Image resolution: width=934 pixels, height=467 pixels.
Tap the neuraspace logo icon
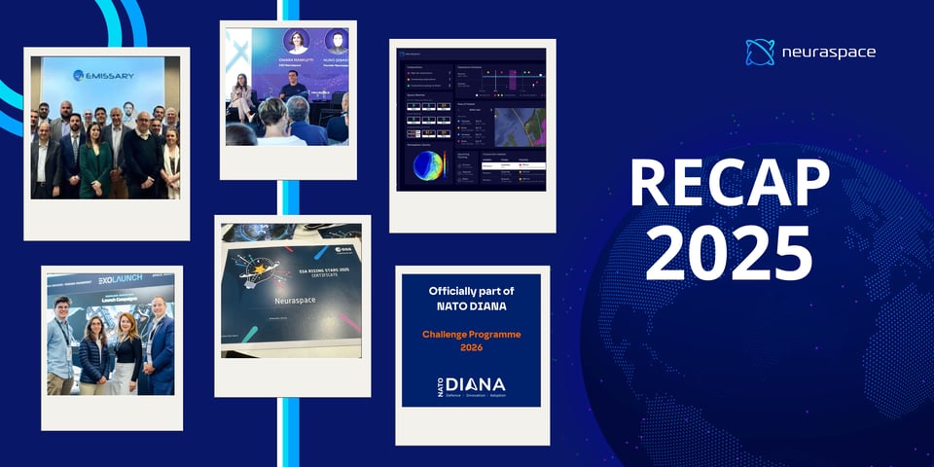760,53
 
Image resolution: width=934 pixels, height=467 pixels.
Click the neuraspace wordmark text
828,53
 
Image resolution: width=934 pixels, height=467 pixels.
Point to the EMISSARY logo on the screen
105,75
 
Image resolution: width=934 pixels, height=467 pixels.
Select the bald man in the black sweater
143,156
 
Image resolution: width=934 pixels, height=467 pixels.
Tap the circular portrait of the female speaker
296,42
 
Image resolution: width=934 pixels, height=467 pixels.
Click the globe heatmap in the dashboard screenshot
431,164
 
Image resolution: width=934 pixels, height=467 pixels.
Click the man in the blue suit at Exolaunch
158,345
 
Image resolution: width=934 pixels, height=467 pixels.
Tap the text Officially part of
471,291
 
